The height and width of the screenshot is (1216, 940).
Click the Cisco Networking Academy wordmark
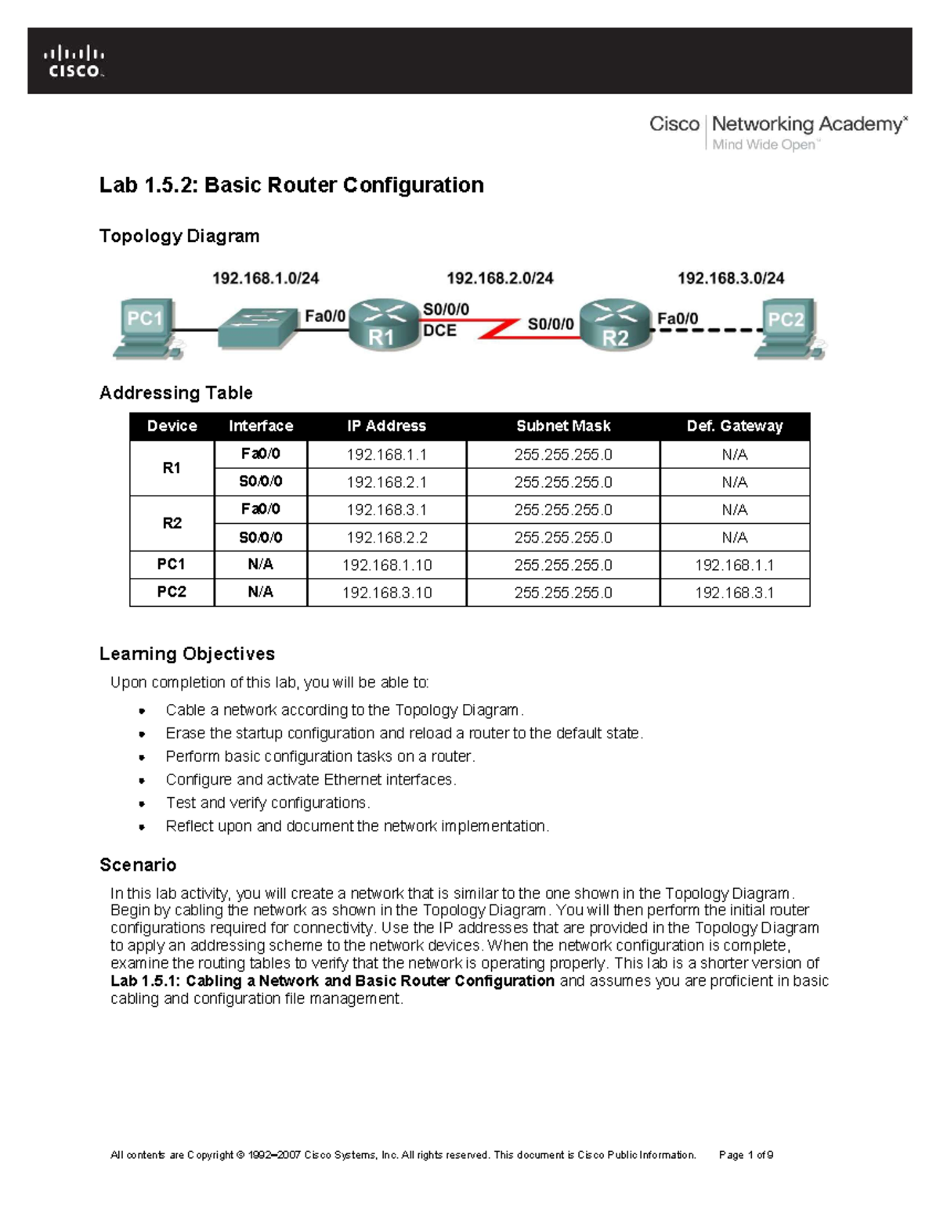778,132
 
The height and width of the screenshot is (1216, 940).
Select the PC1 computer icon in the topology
147,328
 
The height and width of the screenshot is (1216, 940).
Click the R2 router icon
616,324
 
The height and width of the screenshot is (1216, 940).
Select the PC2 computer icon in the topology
787,328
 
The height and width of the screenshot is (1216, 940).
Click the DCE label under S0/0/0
439,331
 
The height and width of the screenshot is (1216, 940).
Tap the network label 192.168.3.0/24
730,278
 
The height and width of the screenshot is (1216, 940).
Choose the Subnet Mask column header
563,426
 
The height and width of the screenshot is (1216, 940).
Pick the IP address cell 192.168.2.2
387,537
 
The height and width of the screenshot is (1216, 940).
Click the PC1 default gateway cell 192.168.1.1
734,565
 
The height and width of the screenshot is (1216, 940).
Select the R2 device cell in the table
172,523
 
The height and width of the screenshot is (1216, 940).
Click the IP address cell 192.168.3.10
387,593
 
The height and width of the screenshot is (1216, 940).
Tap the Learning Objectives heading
187,654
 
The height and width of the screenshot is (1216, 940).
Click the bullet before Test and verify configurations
142,803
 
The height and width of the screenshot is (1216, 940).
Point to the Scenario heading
138,865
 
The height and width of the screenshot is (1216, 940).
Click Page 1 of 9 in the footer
746,1155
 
